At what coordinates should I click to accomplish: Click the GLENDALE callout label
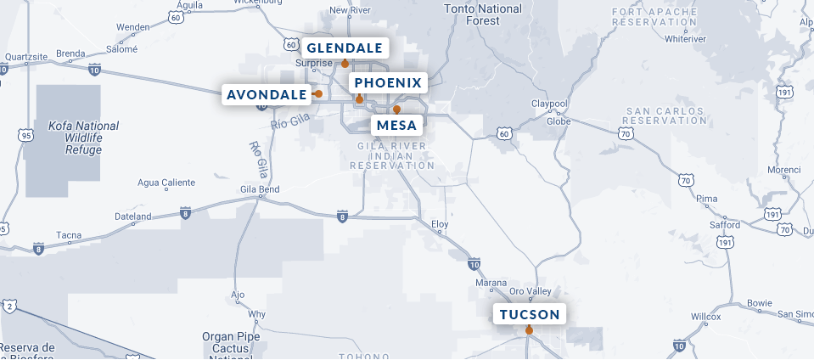pyautogui.click(x=345, y=48)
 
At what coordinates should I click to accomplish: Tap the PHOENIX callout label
pyautogui.click(x=387, y=82)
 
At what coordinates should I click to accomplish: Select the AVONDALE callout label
pyautogui.click(x=266, y=93)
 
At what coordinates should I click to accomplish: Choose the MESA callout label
pyautogui.click(x=396, y=126)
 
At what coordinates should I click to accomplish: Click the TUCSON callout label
pyautogui.click(x=530, y=315)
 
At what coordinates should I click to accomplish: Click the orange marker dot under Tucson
pyautogui.click(x=529, y=330)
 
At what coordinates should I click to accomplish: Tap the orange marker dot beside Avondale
pyautogui.click(x=318, y=93)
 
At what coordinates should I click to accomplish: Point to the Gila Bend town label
pyautogui.click(x=259, y=188)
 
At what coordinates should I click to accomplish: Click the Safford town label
pyautogui.click(x=724, y=225)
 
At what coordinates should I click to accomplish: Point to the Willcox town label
pyautogui.click(x=705, y=316)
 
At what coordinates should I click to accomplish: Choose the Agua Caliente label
pyautogui.click(x=166, y=183)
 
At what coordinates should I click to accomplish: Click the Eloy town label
pyautogui.click(x=440, y=225)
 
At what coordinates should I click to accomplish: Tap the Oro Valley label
pyautogui.click(x=530, y=290)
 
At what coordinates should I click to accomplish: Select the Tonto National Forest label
pyautogui.click(x=483, y=15)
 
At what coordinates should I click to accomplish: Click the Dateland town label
pyautogui.click(x=132, y=217)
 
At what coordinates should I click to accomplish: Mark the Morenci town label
pyautogui.click(x=783, y=170)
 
